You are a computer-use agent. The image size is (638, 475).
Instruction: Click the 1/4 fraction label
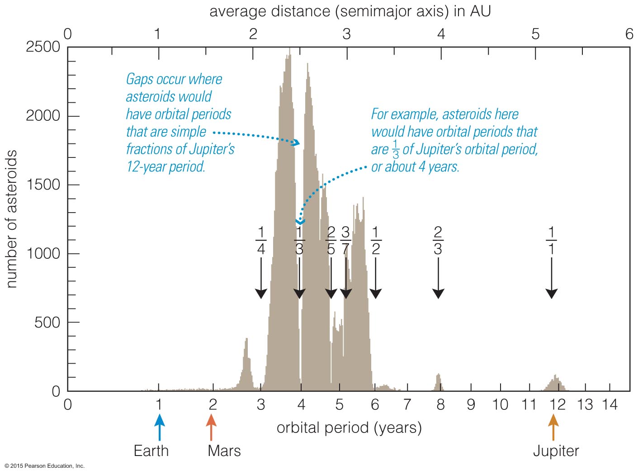coord(261,241)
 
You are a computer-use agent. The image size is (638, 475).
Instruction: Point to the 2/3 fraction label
coord(438,241)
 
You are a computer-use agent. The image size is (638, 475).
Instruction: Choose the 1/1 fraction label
coord(551,241)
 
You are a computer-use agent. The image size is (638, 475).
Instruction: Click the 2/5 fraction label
coord(331,241)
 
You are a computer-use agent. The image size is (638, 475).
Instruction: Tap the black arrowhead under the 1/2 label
coord(375,294)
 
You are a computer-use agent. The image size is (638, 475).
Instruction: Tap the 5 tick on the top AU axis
coord(535,34)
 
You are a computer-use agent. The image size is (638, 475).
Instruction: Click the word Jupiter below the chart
coord(556,451)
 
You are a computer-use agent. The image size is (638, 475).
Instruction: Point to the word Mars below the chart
coord(224,451)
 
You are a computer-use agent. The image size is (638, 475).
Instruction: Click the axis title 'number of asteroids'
coord(12,219)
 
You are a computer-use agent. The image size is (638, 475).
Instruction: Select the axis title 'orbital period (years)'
coord(349,427)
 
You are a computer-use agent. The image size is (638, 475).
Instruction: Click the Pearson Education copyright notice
coord(45,466)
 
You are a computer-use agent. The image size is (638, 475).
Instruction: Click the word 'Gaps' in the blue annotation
coord(139,79)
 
